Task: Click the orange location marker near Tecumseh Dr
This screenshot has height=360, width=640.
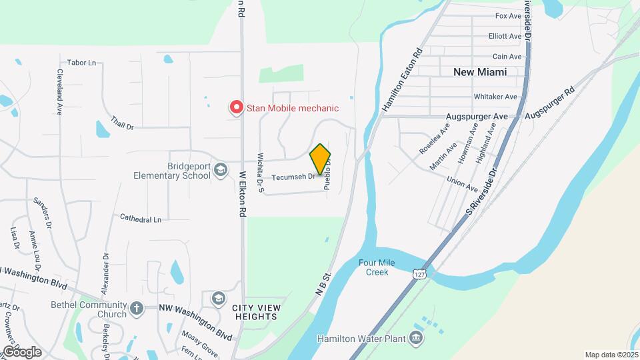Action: click(320, 159)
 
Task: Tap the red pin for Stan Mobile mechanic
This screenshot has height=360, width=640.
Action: click(235, 107)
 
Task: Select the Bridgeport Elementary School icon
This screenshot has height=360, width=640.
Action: click(219, 171)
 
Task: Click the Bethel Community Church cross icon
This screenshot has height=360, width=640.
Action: click(137, 308)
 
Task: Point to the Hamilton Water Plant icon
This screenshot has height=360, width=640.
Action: click(416, 339)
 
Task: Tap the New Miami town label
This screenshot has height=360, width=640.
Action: click(480, 71)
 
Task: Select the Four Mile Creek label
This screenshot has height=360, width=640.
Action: click(377, 267)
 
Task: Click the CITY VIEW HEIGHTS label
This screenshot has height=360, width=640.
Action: click(257, 312)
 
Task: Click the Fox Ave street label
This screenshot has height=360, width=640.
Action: click(508, 15)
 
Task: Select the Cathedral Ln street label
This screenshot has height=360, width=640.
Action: click(141, 219)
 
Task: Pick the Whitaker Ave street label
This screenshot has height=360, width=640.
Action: click(495, 97)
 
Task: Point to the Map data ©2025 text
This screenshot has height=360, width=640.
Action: click(610, 355)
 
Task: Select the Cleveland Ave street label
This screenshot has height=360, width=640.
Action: click(59, 92)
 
